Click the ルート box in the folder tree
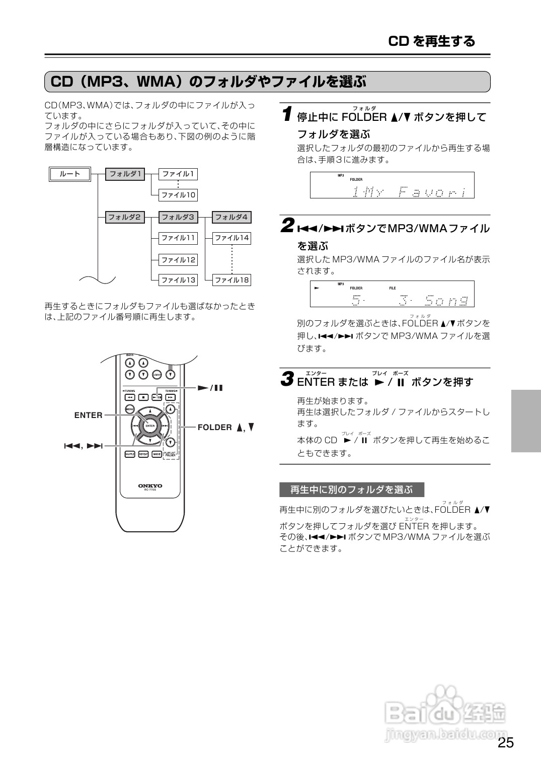pyautogui.click(x=70, y=174)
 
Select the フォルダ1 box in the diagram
pyautogui.click(x=125, y=174)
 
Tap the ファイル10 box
pyautogui.click(x=178, y=195)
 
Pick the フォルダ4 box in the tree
pyautogui.click(x=231, y=218)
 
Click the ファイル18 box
pyautogui.click(x=231, y=280)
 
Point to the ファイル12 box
pyautogui.click(x=178, y=260)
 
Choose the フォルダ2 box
pyautogui.click(x=125, y=218)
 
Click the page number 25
pyautogui.click(x=506, y=743)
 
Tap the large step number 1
pyautogui.click(x=286, y=114)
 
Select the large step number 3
pyautogui.click(x=287, y=379)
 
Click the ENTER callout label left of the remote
pyautogui.click(x=88, y=415)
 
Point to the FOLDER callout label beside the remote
pyautogui.click(x=215, y=428)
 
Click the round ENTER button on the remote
pyautogui.click(x=150, y=426)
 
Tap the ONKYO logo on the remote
pyautogui.click(x=150, y=486)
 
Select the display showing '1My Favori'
pyautogui.click(x=392, y=185)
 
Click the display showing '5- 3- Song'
pyautogui.click(x=392, y=294)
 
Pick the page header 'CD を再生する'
pyautogui.click(x=432, y=41)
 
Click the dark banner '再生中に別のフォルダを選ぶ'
pyautogui.click(x=351, y=490)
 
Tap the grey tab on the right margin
pyautogui.click(x=526, y=420)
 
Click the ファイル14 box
pyautogui.click(x=231, y=238)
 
